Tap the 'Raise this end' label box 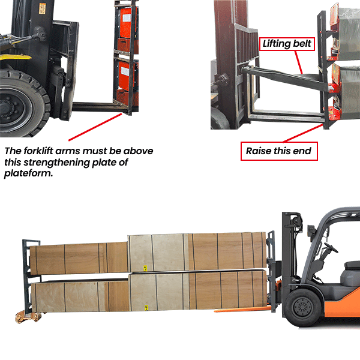(x=278, y=151)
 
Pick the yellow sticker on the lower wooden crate (x=145, y=306)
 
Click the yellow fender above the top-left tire (x=12, y=61)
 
